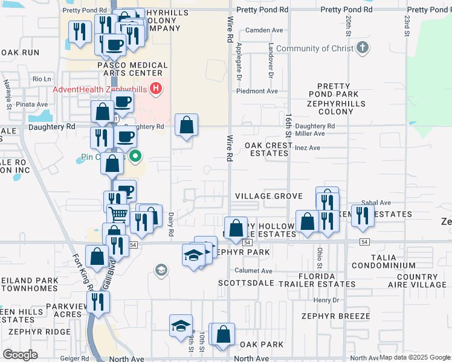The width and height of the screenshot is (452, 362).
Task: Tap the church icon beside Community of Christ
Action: coord(363,48)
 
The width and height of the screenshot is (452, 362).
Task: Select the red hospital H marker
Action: coord(157,89)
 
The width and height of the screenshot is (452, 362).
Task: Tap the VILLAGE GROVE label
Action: coord(268,197)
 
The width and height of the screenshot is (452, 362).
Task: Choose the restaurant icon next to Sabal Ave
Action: coord(363,215)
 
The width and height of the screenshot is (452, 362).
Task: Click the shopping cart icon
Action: coord(118,214)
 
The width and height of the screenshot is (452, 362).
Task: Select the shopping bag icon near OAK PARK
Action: coord(223,334)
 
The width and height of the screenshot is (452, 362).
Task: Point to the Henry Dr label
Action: coord(327,300)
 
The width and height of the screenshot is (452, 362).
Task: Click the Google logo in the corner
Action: coord(20,355)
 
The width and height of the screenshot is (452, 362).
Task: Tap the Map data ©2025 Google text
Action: coord(414,358)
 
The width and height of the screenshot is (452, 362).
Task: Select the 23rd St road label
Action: coord(407,24)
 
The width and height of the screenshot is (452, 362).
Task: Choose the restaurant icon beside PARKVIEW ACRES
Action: coord(95,300)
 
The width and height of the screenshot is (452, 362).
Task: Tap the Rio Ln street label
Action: coord(42,79)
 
